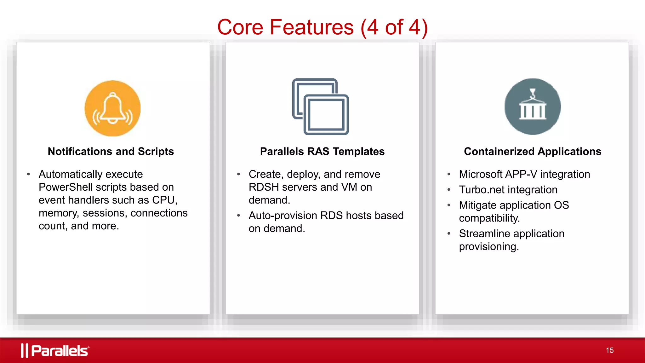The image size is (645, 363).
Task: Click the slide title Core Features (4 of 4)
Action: point(322,27)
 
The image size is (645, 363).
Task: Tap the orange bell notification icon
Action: point(112,108)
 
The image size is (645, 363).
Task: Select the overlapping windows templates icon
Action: point(320,107)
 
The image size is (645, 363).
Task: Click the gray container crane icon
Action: point(533,107)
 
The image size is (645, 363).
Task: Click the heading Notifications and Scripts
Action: point(111,152)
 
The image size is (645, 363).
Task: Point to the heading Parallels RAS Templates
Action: point(322,152)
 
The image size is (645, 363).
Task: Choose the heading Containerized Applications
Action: point(533,152)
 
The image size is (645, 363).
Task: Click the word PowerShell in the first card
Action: point(66,187)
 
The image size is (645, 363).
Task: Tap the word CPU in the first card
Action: point(164,200)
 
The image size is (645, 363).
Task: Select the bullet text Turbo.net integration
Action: point(508,190)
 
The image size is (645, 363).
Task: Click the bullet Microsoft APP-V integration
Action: point(524,174)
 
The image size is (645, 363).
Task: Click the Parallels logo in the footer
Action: point(55,350)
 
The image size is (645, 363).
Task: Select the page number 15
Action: point(609,350)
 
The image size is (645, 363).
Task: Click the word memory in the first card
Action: point(58,213)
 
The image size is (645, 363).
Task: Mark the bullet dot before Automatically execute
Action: point(29,174)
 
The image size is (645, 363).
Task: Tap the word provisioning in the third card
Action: point(488,246)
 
